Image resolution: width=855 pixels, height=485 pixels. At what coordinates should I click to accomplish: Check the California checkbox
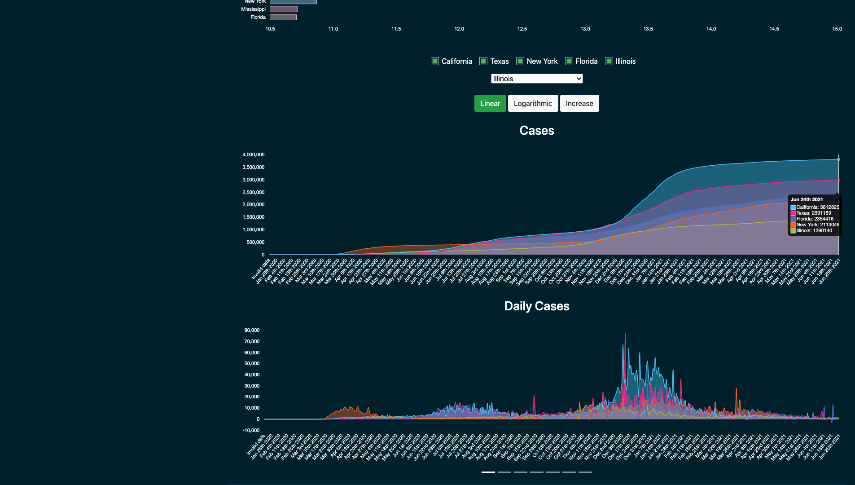[434, 61]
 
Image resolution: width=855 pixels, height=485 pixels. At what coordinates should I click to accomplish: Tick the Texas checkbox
[483, 61]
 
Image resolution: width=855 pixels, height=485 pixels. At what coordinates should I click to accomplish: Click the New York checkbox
[520, 61]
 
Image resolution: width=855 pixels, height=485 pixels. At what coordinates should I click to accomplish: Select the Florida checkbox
[569, 61]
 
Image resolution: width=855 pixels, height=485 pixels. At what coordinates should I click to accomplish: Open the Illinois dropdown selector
[537, 79]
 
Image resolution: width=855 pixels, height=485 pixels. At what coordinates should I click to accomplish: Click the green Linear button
[490, 103]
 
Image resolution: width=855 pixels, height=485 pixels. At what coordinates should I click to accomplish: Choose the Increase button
[579, 103]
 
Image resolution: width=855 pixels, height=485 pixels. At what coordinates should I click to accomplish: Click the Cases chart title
[537, 131]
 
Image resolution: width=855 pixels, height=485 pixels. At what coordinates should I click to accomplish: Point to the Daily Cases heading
[537, 306]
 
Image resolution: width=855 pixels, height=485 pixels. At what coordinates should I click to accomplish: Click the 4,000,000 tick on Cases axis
[253, 154]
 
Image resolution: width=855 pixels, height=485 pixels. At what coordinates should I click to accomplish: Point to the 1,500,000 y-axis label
[253, 217]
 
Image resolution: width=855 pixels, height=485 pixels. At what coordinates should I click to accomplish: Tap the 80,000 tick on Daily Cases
[252, 330]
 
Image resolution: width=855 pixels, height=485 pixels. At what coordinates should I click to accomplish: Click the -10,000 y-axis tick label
[251, 430]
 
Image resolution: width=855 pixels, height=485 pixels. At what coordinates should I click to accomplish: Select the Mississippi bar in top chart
[284, 9]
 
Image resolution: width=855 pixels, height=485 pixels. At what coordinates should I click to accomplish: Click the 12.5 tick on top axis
[522, 29]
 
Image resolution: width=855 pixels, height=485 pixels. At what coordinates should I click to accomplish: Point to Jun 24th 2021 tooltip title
[807, 199]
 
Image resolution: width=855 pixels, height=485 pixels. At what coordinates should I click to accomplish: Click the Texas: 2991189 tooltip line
[813, 213]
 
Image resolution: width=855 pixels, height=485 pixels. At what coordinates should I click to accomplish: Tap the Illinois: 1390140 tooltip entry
[814, 230]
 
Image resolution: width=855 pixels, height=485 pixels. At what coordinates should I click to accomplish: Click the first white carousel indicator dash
[488, 472]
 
